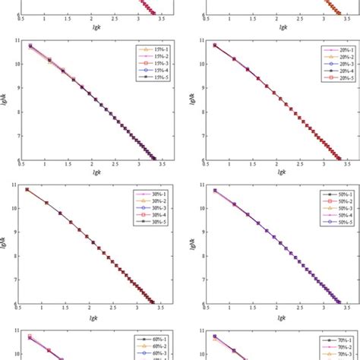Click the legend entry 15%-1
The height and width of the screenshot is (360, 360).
(x=149, y=48)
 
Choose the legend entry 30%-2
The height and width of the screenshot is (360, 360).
(x=149, y=199)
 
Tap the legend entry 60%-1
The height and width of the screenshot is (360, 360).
(x=149, y=336)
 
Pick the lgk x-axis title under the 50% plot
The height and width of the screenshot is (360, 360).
(x=277, y=317)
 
